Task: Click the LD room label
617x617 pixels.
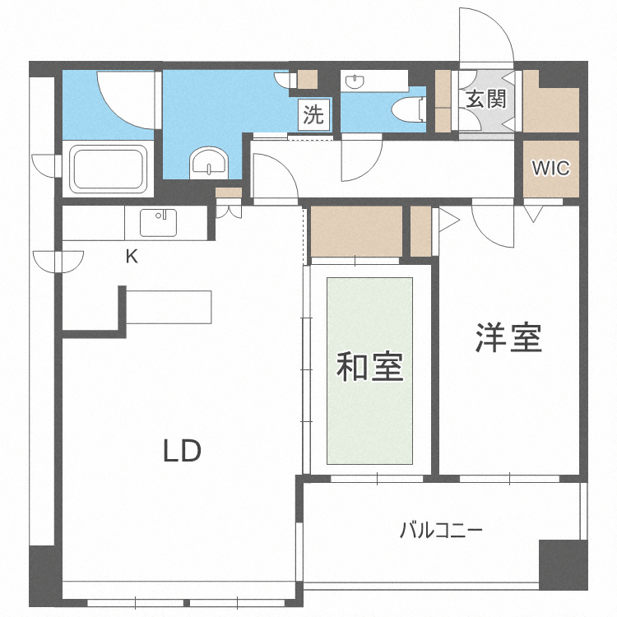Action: (x=182, y=451)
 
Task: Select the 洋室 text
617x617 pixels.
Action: (x=508, y=338)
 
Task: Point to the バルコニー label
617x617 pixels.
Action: (x=441, y=529)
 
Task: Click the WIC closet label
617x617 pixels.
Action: (x=550, y=168)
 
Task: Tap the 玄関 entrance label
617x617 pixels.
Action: (x=485, y=100)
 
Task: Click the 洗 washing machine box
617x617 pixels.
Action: (x=313, y=115)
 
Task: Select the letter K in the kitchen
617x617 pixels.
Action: (x=132, y=257)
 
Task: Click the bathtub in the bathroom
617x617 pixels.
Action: (x=109, y=169)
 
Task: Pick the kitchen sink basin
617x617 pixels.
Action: (x=158, y=222)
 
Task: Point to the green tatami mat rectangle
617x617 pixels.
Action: (x=370, y=371)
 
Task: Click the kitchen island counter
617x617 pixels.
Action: (x=169, y=307)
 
